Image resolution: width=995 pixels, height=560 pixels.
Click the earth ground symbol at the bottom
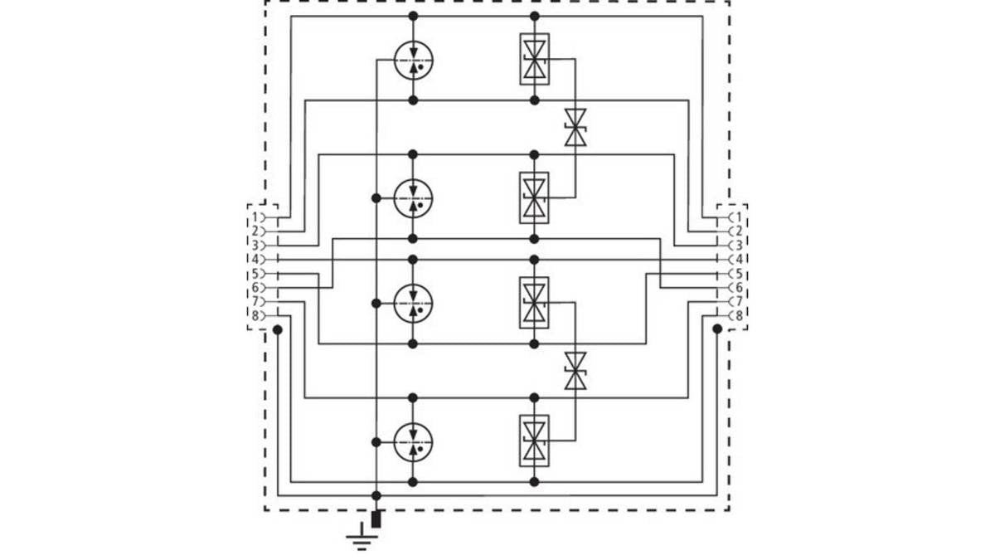point(362,537)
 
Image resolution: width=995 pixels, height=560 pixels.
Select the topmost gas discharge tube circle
point(414,60)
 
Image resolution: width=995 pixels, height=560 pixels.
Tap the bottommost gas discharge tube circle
point(413,442)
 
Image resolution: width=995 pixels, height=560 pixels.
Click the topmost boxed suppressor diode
point(534,59)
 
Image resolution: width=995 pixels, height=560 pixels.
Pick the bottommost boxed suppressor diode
point(534,441)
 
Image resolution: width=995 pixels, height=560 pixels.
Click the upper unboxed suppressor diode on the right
point(575,128)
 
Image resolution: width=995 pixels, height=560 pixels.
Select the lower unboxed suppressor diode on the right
point(575,371)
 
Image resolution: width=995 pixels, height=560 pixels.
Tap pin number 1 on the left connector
point(255,217)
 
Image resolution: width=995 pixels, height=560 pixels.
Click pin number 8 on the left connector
point(255,316)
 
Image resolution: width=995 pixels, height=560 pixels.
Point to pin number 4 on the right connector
point(739,260)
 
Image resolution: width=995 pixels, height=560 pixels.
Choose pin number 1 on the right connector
point(739,217)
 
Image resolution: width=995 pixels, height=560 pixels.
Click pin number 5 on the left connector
point(255,273)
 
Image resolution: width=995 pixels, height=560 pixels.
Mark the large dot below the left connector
point(278,330)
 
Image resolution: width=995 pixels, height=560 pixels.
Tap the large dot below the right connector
point(717,329)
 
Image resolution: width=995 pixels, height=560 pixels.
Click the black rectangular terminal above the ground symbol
point(376,519)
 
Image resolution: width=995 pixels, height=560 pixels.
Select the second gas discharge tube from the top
point(413,198)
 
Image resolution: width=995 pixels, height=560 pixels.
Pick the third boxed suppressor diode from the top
point(534,303)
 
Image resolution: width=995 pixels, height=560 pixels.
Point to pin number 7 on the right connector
point(739,301)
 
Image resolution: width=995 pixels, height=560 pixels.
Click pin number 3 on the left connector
point(255,246)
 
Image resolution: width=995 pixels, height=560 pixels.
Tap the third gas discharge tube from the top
point(413,303)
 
